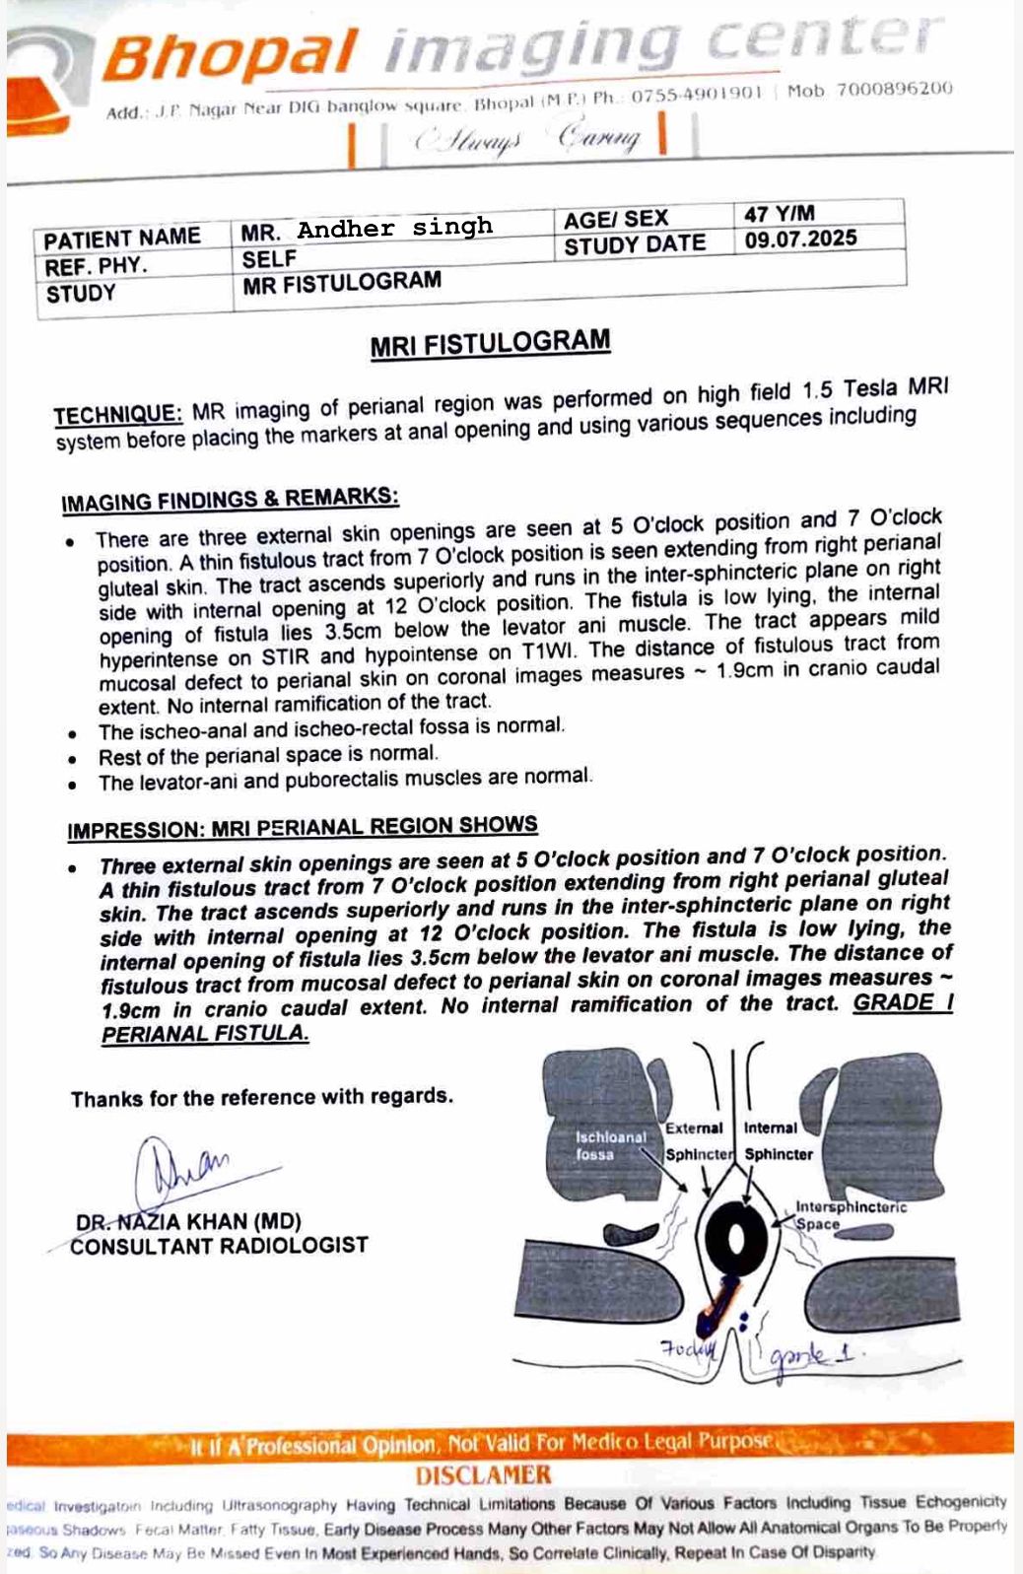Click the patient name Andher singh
394,229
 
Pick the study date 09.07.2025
800,240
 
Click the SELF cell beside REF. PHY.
269,259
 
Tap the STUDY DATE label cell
635,244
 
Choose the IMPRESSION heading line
303,827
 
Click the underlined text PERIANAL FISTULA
205,1034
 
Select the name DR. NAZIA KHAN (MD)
188,1222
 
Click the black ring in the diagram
737,1238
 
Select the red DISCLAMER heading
483,1475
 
